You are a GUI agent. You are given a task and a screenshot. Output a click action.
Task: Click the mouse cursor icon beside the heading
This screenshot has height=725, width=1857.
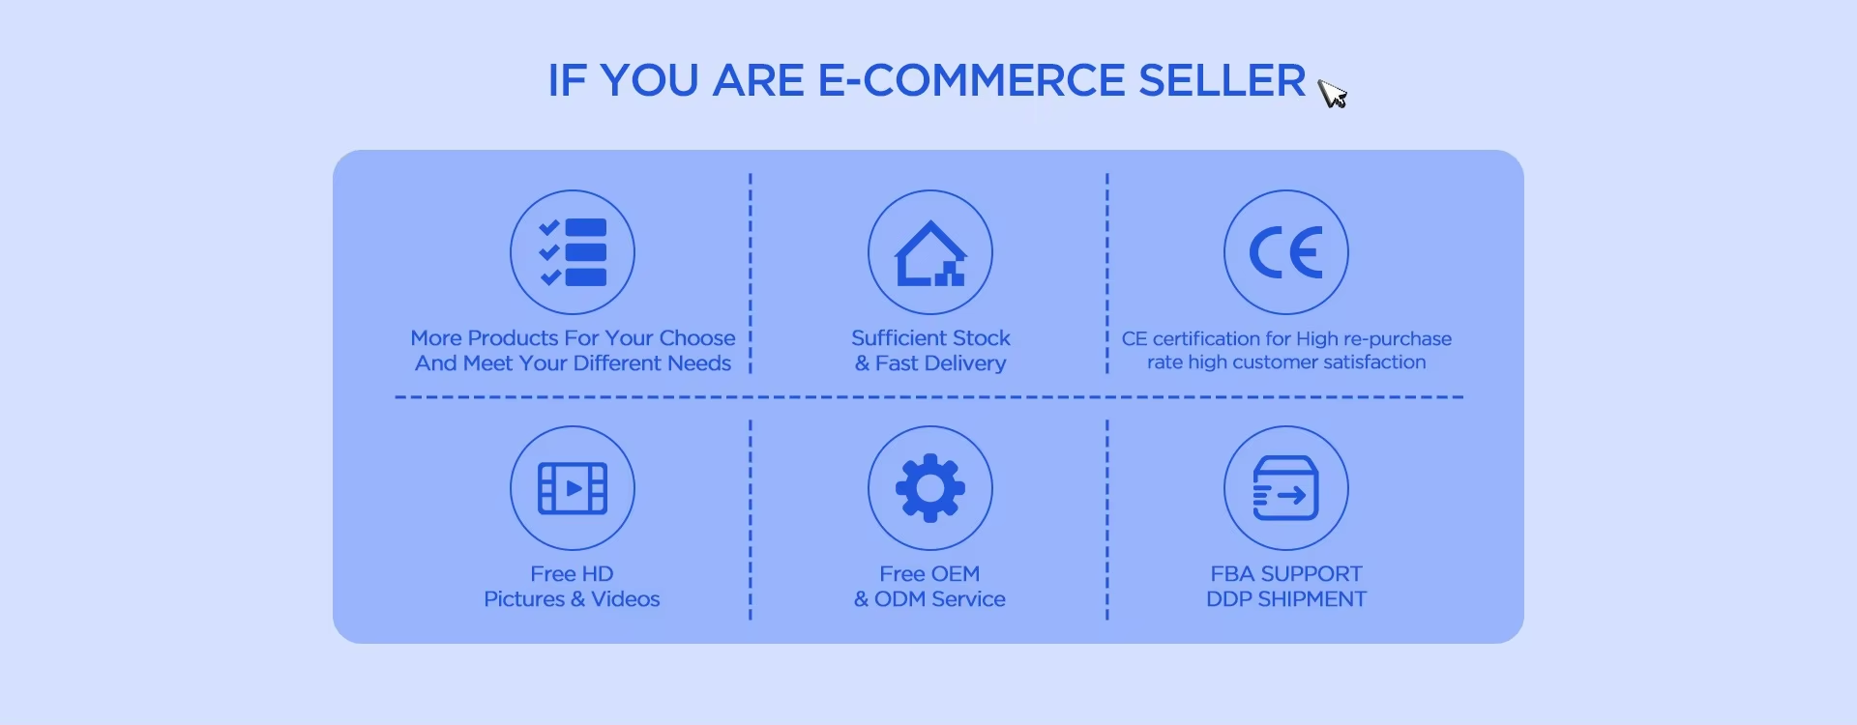tap(1332, 93)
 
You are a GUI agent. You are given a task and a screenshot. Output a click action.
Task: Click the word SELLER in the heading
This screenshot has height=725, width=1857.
tap(1223, 80)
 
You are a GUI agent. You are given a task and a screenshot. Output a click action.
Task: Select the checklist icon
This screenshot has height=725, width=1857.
tap(573, 252)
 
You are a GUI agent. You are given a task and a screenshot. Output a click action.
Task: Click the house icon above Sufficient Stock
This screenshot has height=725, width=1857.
tap(930, 253)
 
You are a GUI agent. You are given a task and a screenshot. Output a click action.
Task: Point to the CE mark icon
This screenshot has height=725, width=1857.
tap(1286, 252)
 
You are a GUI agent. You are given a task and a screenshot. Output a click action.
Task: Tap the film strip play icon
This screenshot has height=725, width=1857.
tap(573, 488)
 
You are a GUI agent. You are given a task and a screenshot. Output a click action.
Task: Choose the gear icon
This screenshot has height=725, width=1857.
tap(930, 488)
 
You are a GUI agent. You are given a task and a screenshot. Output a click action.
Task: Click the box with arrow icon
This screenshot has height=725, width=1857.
tap(1286, 488)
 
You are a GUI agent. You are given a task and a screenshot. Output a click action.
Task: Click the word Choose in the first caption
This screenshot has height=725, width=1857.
tap(697, 338)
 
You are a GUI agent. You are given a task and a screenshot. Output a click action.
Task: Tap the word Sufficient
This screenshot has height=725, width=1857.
tap(890, 338)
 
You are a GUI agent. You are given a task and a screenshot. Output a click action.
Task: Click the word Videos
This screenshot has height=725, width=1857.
tap(626, 599)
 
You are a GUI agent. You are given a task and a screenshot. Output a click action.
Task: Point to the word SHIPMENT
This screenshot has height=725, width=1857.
tap(1312, 599)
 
